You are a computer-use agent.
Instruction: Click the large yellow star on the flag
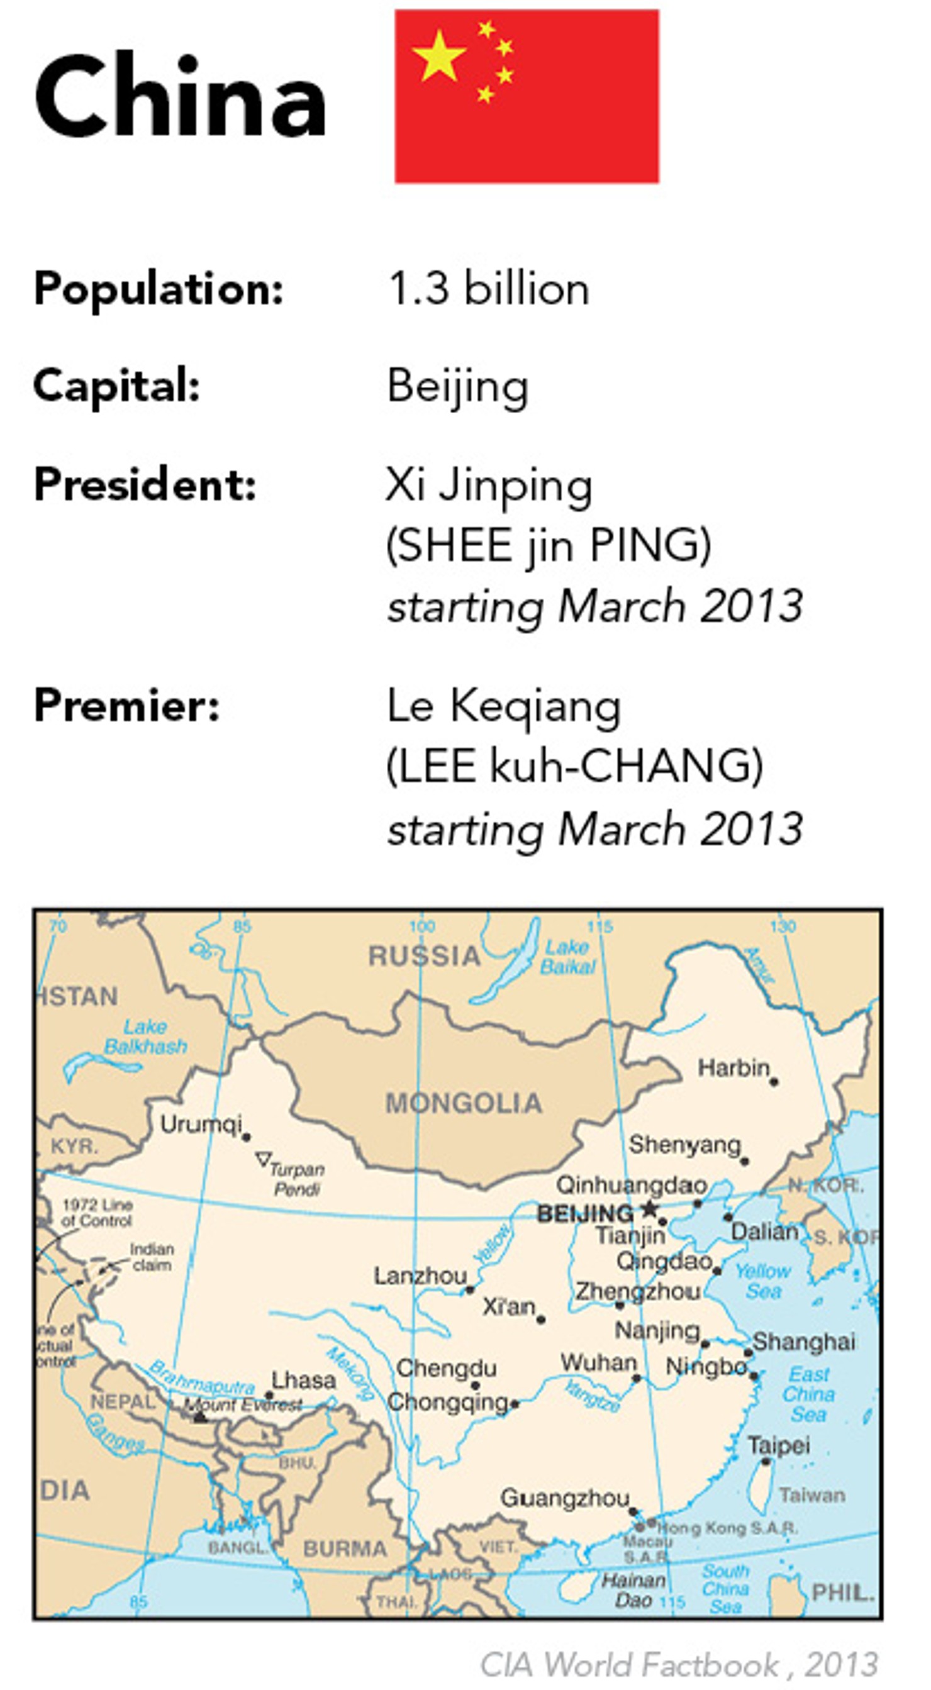point(438,57)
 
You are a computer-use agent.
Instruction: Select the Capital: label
point(117,385)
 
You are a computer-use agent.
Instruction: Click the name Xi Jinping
point(489,485)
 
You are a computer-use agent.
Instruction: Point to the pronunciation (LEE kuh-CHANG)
point(575,765)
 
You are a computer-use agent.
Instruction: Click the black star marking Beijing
point(650,1208)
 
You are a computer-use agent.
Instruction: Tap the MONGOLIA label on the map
point(464,1103)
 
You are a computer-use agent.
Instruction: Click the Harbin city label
point(733,1068)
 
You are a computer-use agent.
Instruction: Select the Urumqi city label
point(201,1124)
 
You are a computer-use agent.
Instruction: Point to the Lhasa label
point(303,1381)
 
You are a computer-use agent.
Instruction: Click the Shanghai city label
point(804,1342)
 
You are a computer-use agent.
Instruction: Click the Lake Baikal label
point(567,957)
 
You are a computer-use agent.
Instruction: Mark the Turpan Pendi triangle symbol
point(263,1159)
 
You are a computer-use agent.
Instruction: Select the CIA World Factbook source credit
point(678,1664)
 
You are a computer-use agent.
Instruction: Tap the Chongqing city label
point(447,1402)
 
